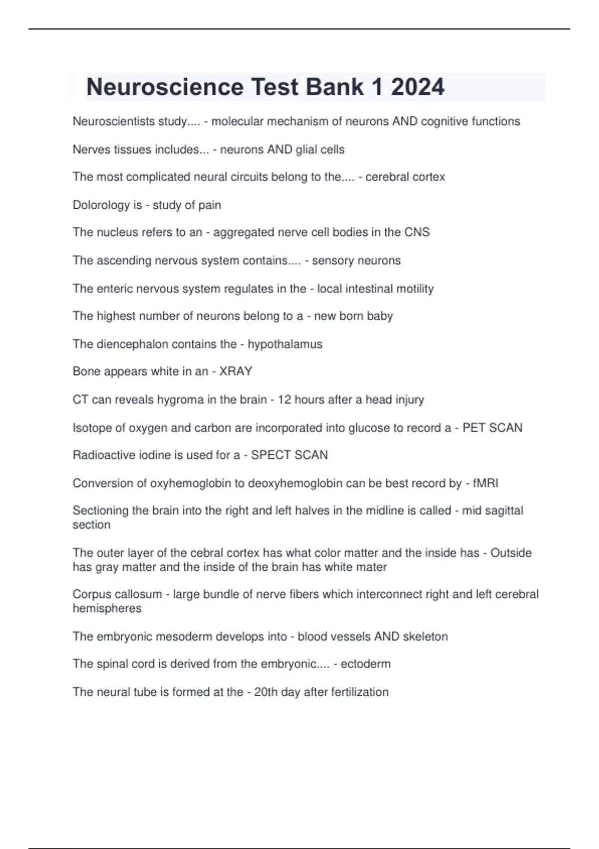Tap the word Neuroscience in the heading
(165, 87)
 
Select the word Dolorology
(102, 205)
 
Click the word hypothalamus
(285, 344)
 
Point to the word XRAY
(236, 372)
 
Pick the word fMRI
(485, 483)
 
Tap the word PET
(474, 428)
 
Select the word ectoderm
(365, 664)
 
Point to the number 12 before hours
(285, 400)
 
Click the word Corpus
(92, 594)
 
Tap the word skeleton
(425, 637)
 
